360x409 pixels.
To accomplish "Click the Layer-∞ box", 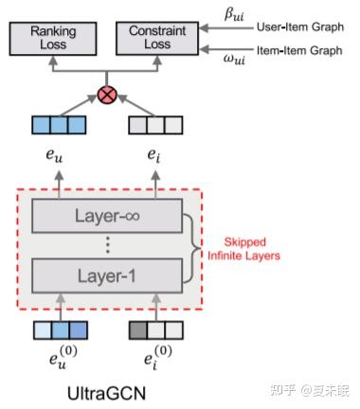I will [106, 217].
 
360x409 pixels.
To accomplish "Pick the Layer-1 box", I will [106, 276].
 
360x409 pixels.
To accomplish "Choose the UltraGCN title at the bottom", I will [106, 391].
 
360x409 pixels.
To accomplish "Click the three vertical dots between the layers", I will [106, 246].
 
